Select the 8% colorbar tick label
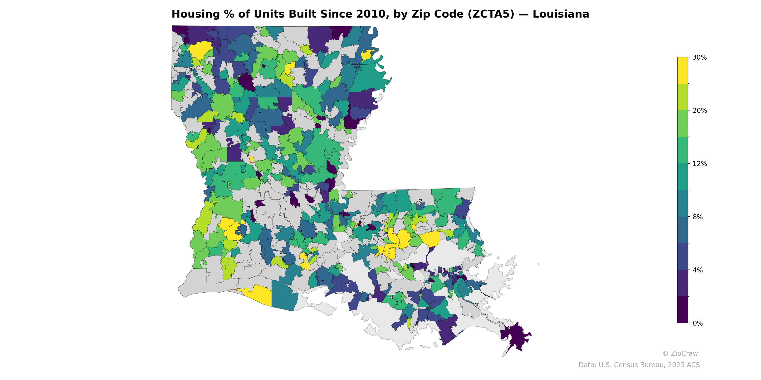[x=698, y=217]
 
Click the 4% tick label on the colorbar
[x=698, y=270]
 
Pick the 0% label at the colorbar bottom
[x=698, y=323]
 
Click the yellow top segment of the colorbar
[x=683, y=70]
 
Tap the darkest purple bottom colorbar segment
[x=683, y=310]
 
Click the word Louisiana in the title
[x=561, y=14]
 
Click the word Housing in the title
[x=195, y=14]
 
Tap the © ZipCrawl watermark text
[x=681, y=353]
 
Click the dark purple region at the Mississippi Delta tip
[x=516, y=336]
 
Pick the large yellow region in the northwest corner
[x=200, y=50]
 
